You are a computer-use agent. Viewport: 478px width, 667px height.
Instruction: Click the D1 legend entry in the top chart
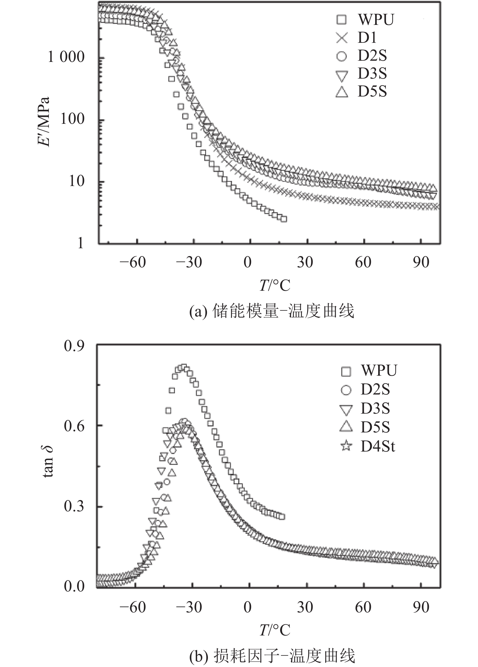click(x=367, y=38)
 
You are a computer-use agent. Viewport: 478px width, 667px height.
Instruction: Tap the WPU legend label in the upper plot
click(x=376, y=20)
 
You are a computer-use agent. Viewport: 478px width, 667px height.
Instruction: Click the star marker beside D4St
click(x=346, y=446)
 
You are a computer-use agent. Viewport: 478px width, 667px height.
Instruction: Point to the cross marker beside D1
click(x=342, y=38)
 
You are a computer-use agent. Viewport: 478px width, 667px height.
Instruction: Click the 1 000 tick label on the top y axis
click(x=66, y=57)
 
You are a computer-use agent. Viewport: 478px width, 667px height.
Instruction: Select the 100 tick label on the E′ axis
click(x=72, y=119)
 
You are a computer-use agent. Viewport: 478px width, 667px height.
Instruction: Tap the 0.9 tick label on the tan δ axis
click(x=74, y=346)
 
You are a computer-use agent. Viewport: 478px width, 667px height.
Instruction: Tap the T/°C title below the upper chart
click(x=275, y=285)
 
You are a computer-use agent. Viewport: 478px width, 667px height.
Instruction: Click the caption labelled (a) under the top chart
click(x=272, y=311)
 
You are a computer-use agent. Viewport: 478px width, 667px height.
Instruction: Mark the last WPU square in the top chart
click(x=284, y=219)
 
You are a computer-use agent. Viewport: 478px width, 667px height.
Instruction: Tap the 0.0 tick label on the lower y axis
click(x=74, y=587)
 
